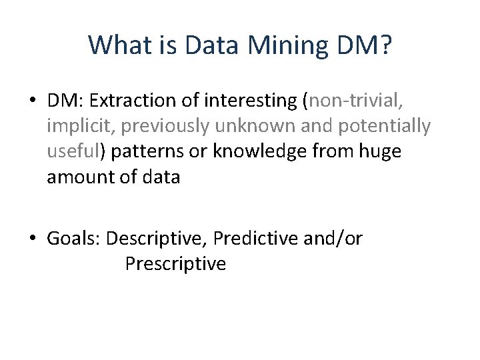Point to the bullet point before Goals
tap(33, 239)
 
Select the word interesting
tap(251, 100)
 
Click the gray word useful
tap(72, 151)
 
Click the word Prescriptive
tap(175, 264)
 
